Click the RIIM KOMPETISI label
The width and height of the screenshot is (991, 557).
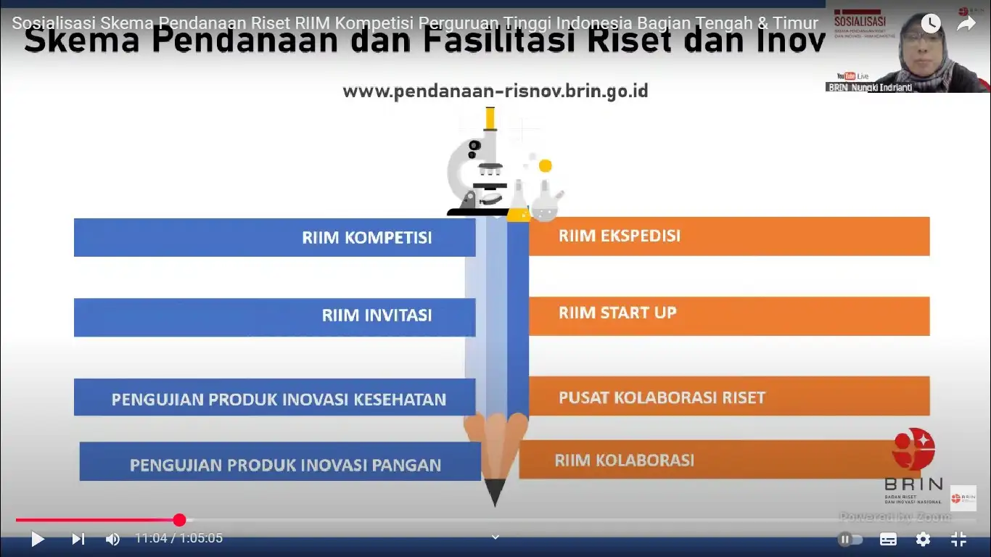(367, 238)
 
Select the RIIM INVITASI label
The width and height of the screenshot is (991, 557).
(377, 315)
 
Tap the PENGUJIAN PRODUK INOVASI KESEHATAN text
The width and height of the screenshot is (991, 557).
(279, 400)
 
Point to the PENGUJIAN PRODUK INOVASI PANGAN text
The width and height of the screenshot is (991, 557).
(285, 465)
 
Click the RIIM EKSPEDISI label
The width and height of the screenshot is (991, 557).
(620, 236)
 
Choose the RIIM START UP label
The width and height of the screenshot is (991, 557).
(617, 313)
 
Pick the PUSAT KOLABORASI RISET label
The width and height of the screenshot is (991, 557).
(662, 397)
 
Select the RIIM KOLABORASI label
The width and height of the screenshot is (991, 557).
(625, 460)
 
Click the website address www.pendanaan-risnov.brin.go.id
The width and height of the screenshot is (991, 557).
(495, 91)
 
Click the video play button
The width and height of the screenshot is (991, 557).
(38, 539)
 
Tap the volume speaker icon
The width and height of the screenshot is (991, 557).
(112, 539)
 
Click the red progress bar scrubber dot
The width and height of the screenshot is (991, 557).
(179, 519)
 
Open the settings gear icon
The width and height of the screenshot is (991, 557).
(923, 539)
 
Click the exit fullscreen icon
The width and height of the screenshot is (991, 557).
(958, 539)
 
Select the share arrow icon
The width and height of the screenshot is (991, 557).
(966, 24)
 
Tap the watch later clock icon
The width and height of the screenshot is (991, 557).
(931, 24)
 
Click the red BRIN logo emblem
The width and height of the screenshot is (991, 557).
(913, 449)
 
